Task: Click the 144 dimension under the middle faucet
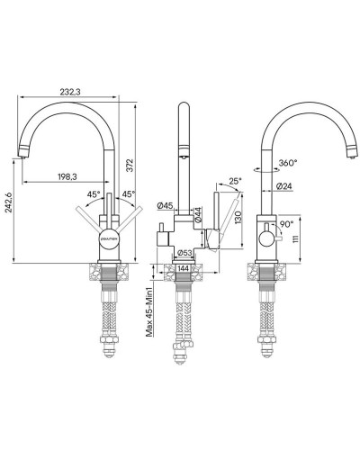click(183, 268)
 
